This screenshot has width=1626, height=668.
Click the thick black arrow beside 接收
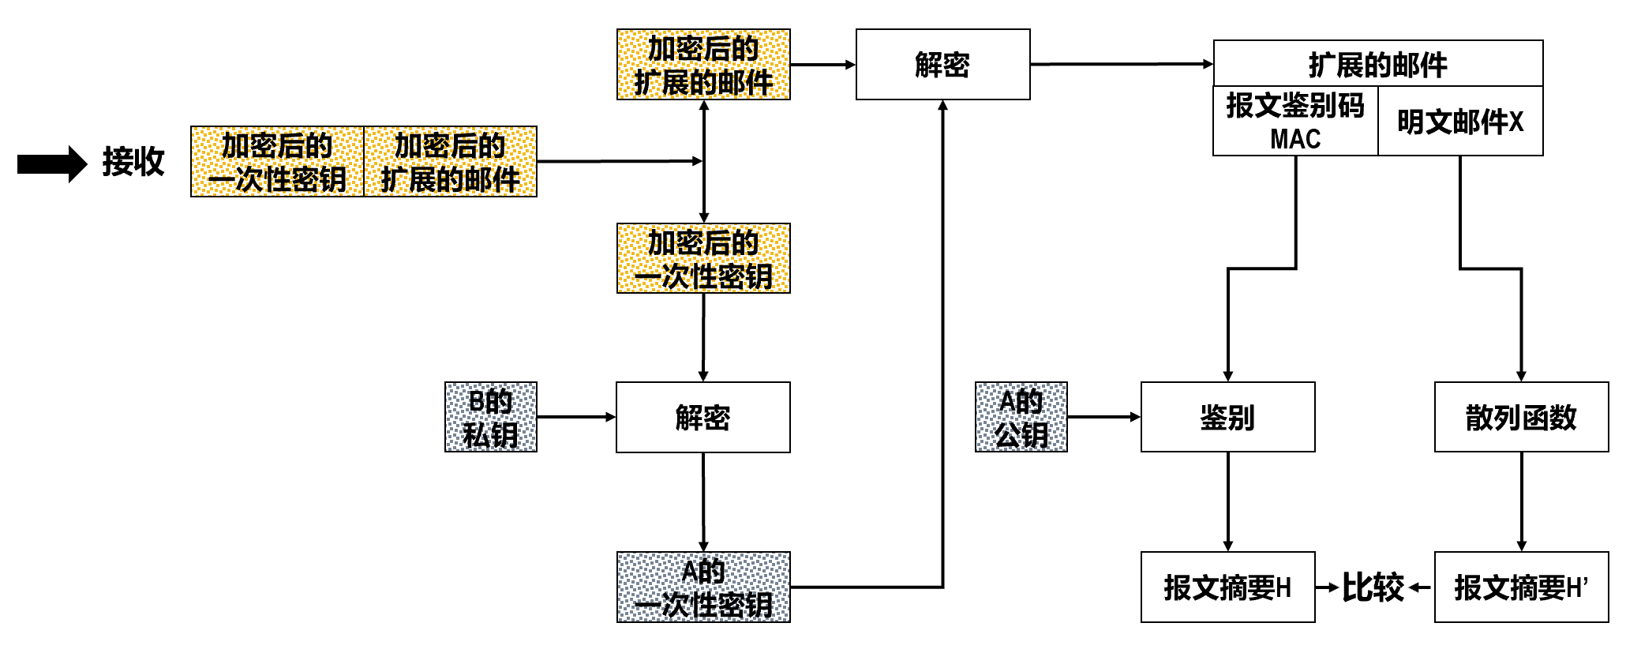click(51, 163)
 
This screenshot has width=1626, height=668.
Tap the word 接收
click(133, 162)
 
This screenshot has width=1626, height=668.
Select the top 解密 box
click(942, 65)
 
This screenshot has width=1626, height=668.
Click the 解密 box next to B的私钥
click(702, 417)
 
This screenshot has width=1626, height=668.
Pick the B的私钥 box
click(490, 417)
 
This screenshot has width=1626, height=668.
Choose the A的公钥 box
click(1021, 417)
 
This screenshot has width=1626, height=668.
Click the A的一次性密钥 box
click(702, 587)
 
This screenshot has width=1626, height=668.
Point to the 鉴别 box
click(1227, 417)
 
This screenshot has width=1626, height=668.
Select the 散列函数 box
click(1520, 417)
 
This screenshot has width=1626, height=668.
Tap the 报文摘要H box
click(1227, 587)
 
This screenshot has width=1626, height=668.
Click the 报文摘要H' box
click(1520, 587)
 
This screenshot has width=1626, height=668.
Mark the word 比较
click(1373, 587)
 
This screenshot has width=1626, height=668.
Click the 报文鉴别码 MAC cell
click(1294, 121)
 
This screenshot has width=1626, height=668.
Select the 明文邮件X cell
click(1459, 122)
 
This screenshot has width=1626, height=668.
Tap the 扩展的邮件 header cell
click(1377, 64)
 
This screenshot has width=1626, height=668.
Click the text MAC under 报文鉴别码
click(1294, 139)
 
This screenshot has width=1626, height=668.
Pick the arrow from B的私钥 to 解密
click(575, 417)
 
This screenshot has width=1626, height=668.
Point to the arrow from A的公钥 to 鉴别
click(1103, 417)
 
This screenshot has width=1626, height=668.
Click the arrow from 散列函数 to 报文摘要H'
click(1521, 501)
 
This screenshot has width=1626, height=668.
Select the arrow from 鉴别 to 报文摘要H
click(1228, 501)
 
